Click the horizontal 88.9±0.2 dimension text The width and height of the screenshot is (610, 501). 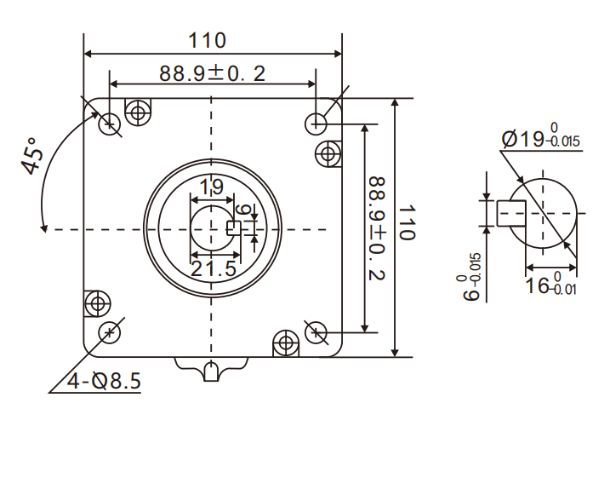212,73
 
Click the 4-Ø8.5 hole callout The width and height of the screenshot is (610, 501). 103,381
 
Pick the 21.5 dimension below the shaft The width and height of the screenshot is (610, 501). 212,269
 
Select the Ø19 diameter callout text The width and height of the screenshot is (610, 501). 541,137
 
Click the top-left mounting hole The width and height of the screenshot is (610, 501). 109,124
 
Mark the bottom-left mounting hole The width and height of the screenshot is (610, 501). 109,331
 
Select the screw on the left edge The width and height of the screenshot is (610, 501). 96,302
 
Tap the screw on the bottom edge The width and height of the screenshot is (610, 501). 285,344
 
